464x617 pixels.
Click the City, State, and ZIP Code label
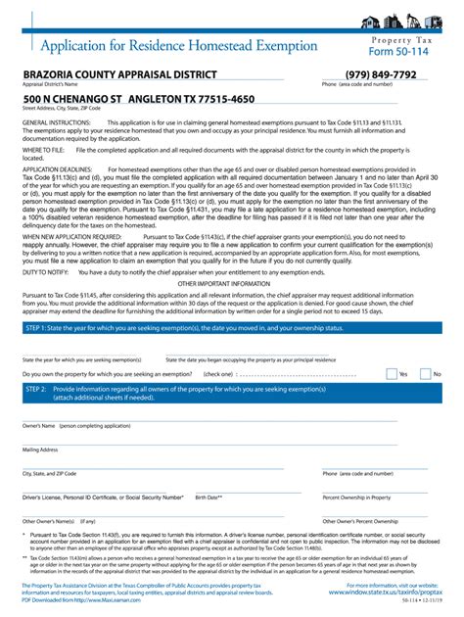coord(49,473)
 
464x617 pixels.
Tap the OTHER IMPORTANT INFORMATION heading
coord(231,281)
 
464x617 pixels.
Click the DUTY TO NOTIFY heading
coord(41,271)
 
